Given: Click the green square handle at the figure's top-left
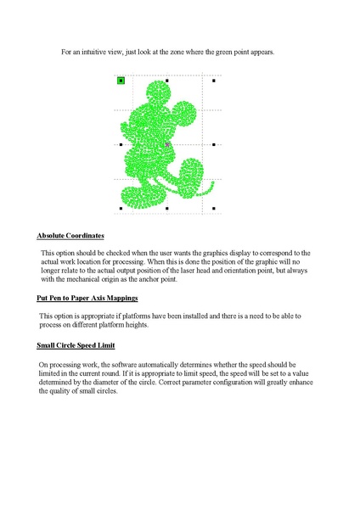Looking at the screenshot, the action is point(121,81).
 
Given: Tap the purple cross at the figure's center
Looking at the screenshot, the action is point(168,145).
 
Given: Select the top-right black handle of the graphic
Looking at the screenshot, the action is point(214,81).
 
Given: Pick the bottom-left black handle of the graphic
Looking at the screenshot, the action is point(121,208).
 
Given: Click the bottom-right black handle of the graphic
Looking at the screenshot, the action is point(214,208).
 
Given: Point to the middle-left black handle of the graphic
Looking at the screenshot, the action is point(121,145).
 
